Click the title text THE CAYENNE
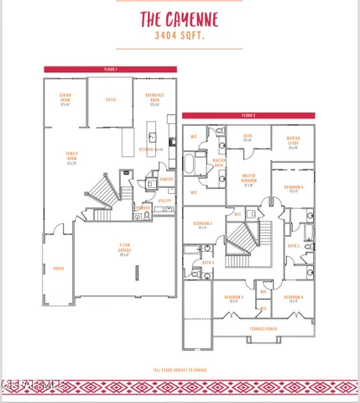180,21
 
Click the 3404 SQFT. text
180,37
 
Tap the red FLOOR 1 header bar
111,69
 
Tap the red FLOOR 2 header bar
248,115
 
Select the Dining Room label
65,100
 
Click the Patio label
110,100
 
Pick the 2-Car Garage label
124,251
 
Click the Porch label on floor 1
59,269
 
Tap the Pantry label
166,179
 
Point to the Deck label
248,137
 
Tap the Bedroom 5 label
293,189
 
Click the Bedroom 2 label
201,225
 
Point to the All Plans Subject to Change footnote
180,369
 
